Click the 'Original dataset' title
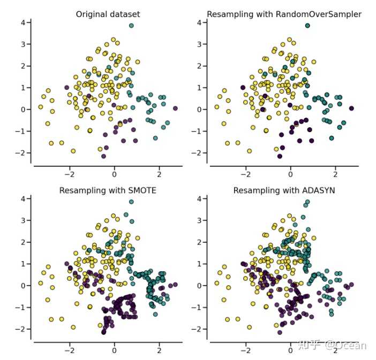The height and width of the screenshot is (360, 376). click(108, 14)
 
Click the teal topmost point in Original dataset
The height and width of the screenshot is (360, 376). click(131, 26)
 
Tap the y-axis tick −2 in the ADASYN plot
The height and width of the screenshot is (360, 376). click(199, 329)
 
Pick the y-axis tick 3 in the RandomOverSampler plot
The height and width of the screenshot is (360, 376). click(200, 44)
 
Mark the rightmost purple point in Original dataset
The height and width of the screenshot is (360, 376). click(175, 108)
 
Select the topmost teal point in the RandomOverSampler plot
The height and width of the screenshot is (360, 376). click(307, 26)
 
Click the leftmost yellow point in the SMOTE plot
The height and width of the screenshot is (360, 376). click(40, 283)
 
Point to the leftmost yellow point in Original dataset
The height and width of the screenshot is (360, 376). click(40, 107)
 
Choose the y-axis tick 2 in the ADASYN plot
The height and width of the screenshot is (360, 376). click(200, 242)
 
